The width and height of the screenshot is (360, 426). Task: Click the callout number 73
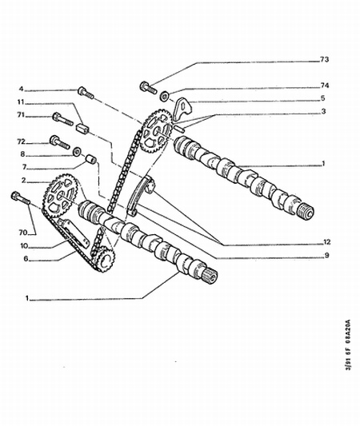coord(324,59)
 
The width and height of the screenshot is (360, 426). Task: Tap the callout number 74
coord(325,86)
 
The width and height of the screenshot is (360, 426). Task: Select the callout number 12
coord(326,241)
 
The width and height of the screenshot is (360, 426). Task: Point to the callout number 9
coord(326,255)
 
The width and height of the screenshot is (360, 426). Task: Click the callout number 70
coord(23,233)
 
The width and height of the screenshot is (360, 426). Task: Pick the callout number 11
coord(21,102)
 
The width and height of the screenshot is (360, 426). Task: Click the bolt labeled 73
coord(148,87)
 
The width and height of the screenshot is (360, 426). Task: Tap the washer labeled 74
coord(164,96)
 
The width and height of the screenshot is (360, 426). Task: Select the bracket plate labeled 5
coord(183,109)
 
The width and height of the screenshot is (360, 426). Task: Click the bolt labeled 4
coord(86,93)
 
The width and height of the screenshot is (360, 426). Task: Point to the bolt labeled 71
coord(62,120)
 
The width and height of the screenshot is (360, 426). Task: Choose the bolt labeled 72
coord(60,142)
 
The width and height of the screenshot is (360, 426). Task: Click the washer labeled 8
coord(77,151)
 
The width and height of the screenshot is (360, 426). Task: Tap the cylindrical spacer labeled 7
coord(91,159)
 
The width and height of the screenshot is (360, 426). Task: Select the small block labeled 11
coord(82,128)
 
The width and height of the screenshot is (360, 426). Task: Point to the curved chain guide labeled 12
coord(140,196)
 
